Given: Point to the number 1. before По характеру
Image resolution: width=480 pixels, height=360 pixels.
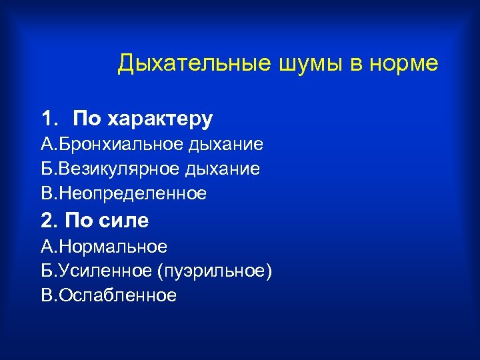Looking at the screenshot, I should (50, 119).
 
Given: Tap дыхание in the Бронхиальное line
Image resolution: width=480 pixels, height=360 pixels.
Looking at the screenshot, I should (227, 144).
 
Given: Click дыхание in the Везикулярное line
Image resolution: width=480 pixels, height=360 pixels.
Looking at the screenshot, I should (225, 169).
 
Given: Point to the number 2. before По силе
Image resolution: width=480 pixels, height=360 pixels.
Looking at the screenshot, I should (50, 221).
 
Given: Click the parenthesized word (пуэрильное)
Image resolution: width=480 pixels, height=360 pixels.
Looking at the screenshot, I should (215, 271).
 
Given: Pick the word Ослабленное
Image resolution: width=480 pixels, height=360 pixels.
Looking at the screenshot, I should (118, 295).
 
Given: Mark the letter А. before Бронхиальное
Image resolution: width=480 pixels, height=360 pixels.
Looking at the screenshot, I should (47, 144).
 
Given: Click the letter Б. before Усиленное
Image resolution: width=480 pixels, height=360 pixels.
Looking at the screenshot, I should (47, 271).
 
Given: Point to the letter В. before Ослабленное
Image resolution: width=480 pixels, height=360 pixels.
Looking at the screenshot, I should (47, 295).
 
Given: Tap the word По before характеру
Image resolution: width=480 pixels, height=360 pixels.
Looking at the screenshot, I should (86, 119).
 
